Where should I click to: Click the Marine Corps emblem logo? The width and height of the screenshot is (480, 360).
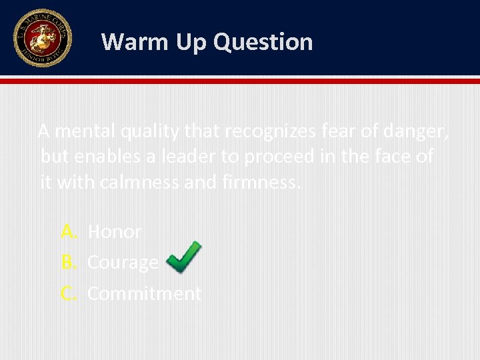[x=42, y=38]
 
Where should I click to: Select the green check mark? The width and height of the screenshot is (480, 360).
[x=183, y=257]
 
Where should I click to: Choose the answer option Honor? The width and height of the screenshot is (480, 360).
[x=115, y=232]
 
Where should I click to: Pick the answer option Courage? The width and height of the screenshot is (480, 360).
[x=123, y=263]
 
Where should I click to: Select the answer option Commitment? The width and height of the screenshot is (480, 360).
[x=144, y=293]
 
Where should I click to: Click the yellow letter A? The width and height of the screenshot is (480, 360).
[x=69, y=232]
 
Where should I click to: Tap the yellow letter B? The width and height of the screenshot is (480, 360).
[x=69, y=263]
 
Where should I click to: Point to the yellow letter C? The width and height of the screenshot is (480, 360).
[x=69, y=293]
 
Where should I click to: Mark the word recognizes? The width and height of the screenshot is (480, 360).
[x=270, y=132]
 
